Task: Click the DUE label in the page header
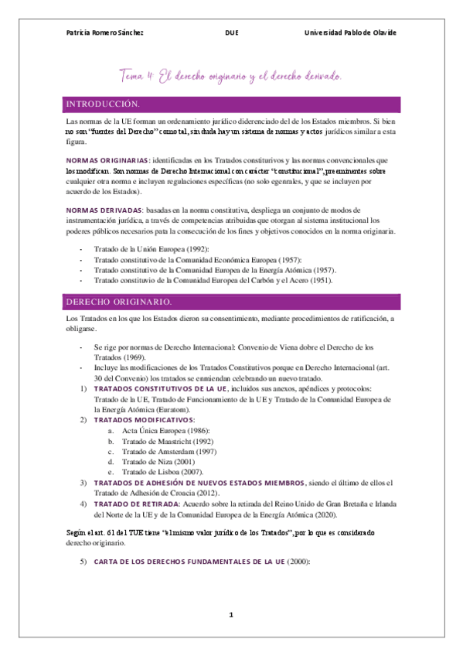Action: click(231, 32)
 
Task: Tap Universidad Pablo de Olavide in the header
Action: click(350, 32)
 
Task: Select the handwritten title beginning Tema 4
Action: click(231, 77)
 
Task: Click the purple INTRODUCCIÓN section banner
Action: click(231, 104)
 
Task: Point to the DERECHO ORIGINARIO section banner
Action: click(231, 300)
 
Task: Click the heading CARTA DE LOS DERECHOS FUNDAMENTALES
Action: click(189, 561)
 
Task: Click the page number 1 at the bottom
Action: click(230, 615)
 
